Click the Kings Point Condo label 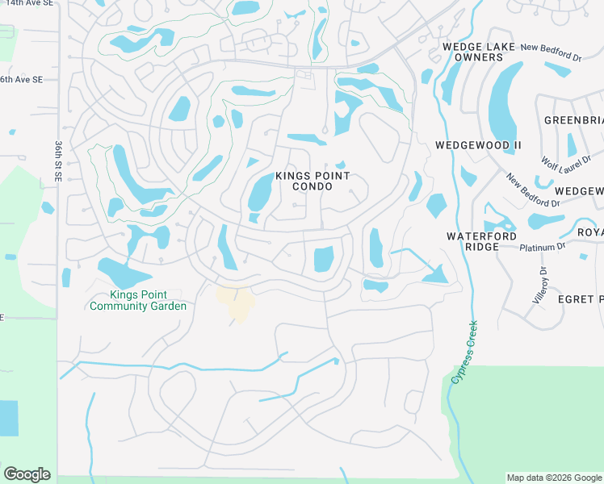[x=312, y=181]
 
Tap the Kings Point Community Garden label [x=138, y=301]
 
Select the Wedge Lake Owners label [x=473, y=52]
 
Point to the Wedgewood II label [x=478, y=145]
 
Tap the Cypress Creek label [x=461, y=353]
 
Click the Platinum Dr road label [x=543, y=247]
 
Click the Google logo [x=27, y=474]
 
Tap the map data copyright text [x=554, y=478]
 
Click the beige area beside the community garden [x=236, y=302]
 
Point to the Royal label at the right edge [x=590, y=233]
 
